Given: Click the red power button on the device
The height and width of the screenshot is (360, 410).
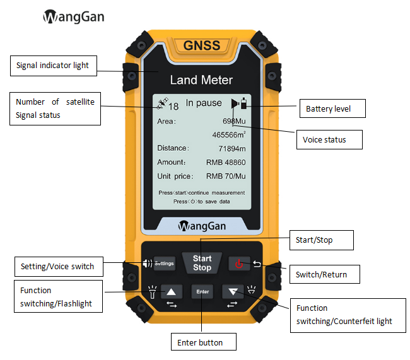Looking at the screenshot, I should click(239, 264).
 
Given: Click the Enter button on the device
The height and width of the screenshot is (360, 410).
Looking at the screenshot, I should click(202, 291).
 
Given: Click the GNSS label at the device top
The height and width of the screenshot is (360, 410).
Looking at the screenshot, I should click(202, 45).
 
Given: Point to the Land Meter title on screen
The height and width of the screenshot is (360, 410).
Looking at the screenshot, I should click(201, 80).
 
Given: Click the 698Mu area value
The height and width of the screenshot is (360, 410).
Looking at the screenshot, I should click(235, 120).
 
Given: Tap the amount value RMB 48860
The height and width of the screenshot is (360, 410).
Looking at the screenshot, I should click(225, 162).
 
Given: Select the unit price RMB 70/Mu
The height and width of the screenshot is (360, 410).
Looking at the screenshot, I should click(225, 177).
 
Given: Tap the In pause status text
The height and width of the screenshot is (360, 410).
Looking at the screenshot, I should click(204, 103).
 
